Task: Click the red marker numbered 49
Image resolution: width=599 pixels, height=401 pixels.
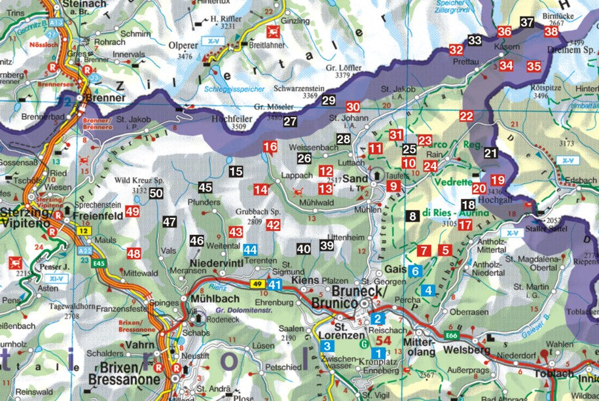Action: point(133,211)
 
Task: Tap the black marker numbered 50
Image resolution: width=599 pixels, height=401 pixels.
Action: point(156,193)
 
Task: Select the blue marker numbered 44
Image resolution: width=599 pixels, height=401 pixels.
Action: point(250,249)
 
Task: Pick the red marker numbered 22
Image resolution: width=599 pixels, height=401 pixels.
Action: point(466,116)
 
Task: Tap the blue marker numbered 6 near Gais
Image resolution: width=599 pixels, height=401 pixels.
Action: point(415,270)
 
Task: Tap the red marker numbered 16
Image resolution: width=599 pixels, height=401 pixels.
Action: point(270,147)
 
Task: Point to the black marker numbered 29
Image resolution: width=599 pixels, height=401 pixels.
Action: point(329,101)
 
